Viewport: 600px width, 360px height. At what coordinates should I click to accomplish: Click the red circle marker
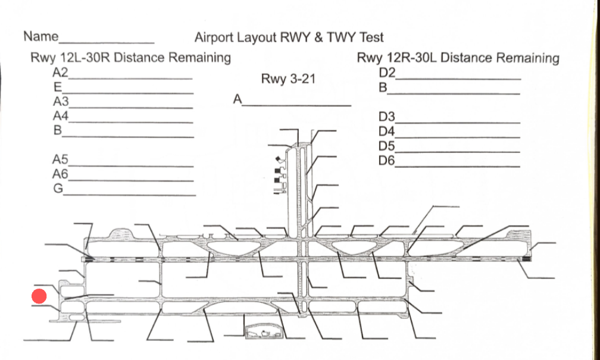[x=39, y=296]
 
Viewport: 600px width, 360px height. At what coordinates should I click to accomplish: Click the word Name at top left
[x=40, y=36]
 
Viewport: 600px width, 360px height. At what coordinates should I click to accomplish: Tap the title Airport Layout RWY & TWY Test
[x=289, y=37]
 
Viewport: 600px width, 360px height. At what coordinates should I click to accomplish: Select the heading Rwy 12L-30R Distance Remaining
[x=130, y=58]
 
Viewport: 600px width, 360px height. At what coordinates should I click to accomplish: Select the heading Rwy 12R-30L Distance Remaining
[x=458, y=58]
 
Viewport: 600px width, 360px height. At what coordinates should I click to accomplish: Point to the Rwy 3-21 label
[x=288, y=79]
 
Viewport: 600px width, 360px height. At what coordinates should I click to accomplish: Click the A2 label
[x=61, y=73]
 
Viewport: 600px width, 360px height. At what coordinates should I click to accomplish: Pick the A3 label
[x=61, y=101]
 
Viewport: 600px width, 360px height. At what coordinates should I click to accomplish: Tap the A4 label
[x=61, y=115]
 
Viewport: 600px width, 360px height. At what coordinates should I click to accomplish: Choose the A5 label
[x=61, y=159]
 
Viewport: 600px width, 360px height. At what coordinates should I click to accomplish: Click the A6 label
[x=61, y=174]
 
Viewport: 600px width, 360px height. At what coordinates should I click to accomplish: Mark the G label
[x=58, y=189]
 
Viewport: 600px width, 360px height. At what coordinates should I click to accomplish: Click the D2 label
[x=387, y=73]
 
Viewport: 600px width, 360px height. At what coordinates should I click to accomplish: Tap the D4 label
[x=387, y=131]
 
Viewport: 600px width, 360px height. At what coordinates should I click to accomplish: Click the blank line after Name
[x=107, y=43]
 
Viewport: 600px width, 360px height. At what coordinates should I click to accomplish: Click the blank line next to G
[x=130, y=195]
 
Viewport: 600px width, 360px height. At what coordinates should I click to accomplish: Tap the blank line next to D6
[x=458, y=166]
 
